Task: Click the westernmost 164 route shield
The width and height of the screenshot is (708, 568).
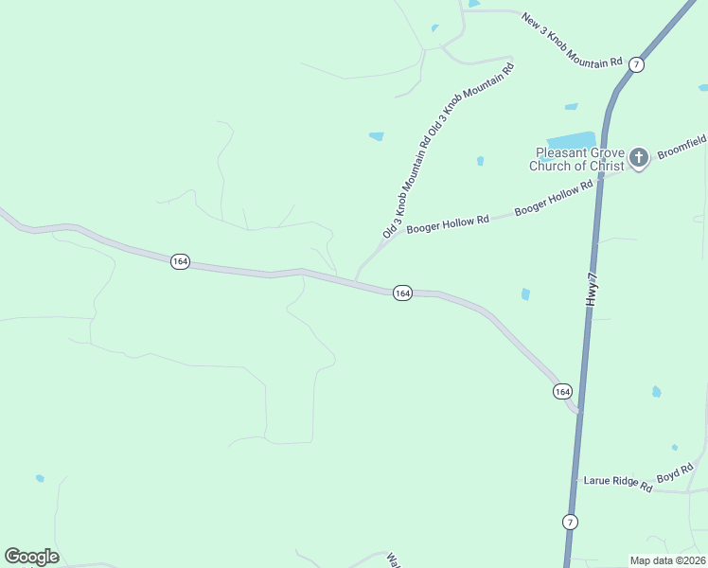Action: (x=179, y=261)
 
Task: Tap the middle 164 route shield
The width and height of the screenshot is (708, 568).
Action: (x=402, y=293)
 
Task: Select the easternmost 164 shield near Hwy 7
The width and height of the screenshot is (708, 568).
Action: (x=562, y=391)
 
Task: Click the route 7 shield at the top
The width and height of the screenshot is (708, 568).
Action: (x=636, y=64)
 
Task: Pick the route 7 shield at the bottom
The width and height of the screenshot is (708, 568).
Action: (x=569, y=522)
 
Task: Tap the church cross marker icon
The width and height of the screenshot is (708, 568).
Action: (x=639, y=157)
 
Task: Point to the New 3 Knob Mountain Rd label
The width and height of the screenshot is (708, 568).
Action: (x=572, y=39)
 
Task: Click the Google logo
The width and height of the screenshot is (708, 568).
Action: (x=31, y=557)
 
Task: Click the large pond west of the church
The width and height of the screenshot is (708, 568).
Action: (x=571, y=140)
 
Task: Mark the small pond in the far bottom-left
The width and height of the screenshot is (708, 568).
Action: (x=40, y=478)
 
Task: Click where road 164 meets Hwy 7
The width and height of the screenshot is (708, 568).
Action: (x=577, y=412)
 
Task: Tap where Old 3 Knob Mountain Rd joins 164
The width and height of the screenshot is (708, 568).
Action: (x=356, y=278)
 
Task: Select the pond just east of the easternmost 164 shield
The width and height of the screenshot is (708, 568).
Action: (x=656, y=391)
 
